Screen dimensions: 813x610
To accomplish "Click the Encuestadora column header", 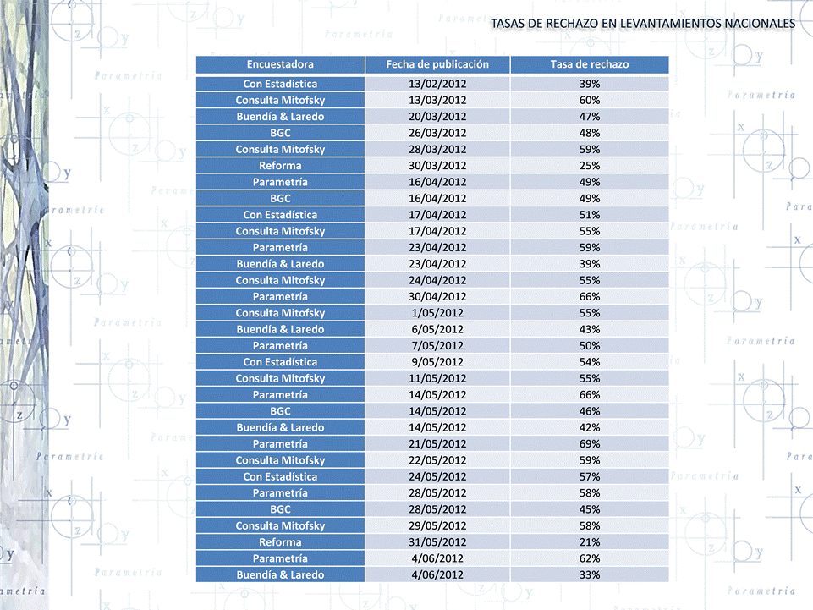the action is (x=280, y=64).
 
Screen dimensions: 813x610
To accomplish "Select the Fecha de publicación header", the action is (x=437, y=64).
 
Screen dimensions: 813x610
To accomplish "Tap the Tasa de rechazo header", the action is (x=590, y=64).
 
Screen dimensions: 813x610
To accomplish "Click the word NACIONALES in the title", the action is (x=760, y=24).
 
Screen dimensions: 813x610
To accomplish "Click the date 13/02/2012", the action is (x=437, y=84).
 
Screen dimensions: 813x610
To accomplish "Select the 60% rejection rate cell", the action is (x=590, y=100).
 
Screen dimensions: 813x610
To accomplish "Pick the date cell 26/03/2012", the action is (x=437, y=133).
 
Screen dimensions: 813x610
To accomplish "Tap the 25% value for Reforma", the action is (x=590, y=166).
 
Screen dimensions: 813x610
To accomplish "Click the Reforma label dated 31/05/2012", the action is (x=280, y=542).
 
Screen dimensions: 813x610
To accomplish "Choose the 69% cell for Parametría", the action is (x=590, y=444).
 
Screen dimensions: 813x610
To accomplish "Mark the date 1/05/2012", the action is (x=437, y=313).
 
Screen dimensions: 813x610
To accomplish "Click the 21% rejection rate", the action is (x=590, y=542).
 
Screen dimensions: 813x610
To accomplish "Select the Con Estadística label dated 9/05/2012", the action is (x=280, y=362).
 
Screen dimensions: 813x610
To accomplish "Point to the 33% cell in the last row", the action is (x=590, y=574).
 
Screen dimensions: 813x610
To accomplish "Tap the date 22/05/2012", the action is (x=437, y=460).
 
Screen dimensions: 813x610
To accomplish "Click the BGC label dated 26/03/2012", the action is (x=280, y=133).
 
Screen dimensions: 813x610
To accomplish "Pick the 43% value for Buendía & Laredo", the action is (x=590, y=329).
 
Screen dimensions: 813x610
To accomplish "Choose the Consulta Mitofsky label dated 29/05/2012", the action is (x=280, y=526).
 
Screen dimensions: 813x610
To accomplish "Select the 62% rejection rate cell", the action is (x=590, y=558).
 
